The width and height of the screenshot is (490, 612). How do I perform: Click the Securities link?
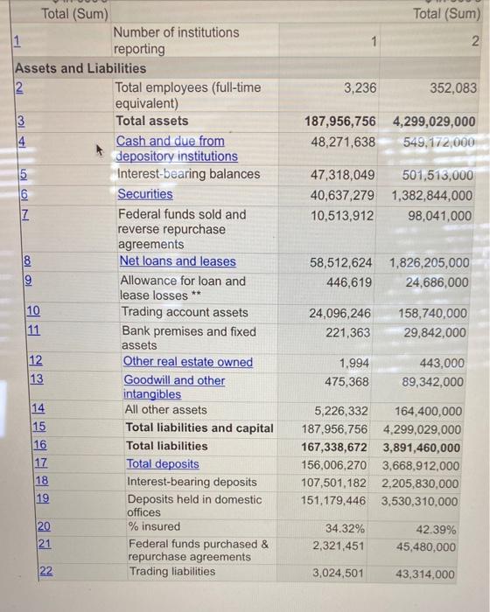145,194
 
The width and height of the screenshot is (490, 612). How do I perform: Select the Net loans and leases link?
178,261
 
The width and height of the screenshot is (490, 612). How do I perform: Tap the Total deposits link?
163,464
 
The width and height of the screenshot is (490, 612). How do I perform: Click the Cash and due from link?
171,141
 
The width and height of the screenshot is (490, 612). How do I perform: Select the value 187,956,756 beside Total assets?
339,122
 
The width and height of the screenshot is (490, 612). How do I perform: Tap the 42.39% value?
438,529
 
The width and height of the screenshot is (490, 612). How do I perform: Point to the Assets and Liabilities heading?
80,68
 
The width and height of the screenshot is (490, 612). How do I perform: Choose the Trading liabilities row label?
171,572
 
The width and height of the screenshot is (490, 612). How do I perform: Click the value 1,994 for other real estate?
353,362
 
